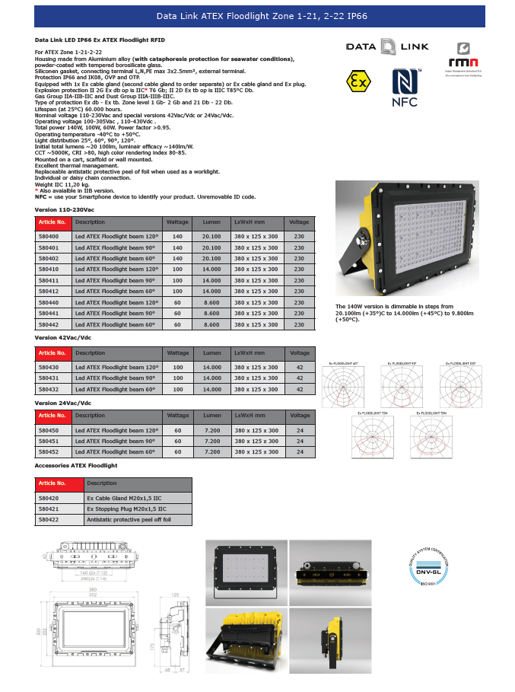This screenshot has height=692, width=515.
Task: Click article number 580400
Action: pyautogui.click(x=49, y=237)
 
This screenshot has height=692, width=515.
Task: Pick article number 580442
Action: pyautogui.click(x=49, y=324)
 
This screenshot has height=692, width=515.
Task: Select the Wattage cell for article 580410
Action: pyautogui.click(x=178, y=269)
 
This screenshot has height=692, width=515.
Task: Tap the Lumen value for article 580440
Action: pyautogui.click(x=211, y=302)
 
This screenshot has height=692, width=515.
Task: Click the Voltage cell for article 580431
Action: pyautogui.click(x=299, y=378)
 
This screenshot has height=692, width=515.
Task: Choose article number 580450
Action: pyautogui.click(x=49, y=430)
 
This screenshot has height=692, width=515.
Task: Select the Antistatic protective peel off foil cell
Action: pyautogui.click(x=129, y=519)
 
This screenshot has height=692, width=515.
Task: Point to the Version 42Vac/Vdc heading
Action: pyautogui.click(x=63, y=336)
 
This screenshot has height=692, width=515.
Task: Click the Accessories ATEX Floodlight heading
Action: pyautogui.click(x=76, y=464)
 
